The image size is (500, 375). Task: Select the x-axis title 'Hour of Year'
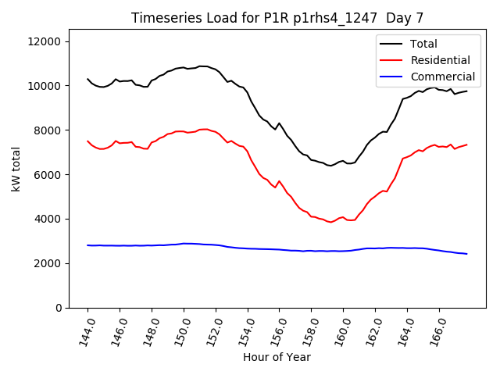[x=277, y=357]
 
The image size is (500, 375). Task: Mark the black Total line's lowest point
[x=330, y=166]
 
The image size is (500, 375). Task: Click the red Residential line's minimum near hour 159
[x=330, y=222]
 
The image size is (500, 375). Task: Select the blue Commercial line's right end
[x=466, y=254]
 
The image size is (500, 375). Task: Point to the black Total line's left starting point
[x=87, y=79]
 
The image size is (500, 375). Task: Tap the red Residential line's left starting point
[x=87, y=141]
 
